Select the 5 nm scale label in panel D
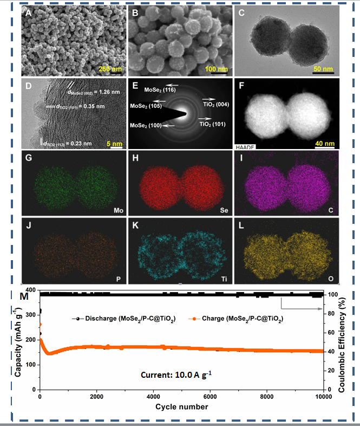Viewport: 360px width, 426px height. click(115, 144)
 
